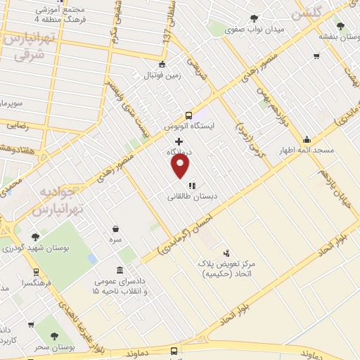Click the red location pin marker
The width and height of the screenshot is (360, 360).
pos(181,165)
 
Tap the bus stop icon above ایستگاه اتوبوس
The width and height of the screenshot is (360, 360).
pos(188,116)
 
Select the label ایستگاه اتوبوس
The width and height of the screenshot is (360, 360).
pos(188,127)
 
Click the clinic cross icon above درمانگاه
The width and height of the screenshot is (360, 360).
pos(179,141)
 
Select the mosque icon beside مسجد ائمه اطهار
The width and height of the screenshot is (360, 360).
pos(307,140)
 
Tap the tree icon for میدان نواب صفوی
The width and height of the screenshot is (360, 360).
pos(254,18)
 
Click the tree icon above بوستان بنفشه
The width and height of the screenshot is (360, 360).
pos(340,25)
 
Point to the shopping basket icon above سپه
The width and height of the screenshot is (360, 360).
pos(115,229)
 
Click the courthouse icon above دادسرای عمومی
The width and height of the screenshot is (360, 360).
pos(120,271)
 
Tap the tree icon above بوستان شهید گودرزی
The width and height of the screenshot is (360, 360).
pos(35,237)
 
